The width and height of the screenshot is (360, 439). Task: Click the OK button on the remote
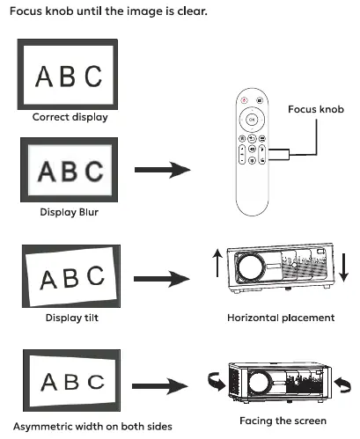(252, 120)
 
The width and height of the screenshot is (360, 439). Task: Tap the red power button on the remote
(244, 100)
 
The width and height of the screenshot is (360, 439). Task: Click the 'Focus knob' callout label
(316, 109)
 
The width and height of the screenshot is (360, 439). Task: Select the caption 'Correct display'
(70, 117)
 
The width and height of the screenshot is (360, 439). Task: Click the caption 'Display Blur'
(70, 212)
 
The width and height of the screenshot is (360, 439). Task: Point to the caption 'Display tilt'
(72, 318)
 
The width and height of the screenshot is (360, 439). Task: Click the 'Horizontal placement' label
(281, 318)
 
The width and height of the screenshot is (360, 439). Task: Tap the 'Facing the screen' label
(283, 421)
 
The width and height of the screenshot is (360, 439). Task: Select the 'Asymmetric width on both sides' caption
(92, 427)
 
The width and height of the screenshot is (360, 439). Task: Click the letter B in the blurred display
(70, 171)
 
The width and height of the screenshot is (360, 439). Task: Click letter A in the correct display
(44, 77)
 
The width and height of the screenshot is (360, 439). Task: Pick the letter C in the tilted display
(96, 275)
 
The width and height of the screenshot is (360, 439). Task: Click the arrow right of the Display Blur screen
(163, 170)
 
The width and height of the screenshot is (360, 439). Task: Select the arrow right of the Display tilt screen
(162, 279)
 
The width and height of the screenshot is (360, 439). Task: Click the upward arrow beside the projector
(217, 263)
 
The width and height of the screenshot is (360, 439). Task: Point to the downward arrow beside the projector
(343, 267)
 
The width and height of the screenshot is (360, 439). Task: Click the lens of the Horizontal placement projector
(250, 267)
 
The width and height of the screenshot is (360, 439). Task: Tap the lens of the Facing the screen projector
(259, 383)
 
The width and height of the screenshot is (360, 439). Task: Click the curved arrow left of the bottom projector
(217, 382)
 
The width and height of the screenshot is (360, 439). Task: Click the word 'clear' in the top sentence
(192, 11)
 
